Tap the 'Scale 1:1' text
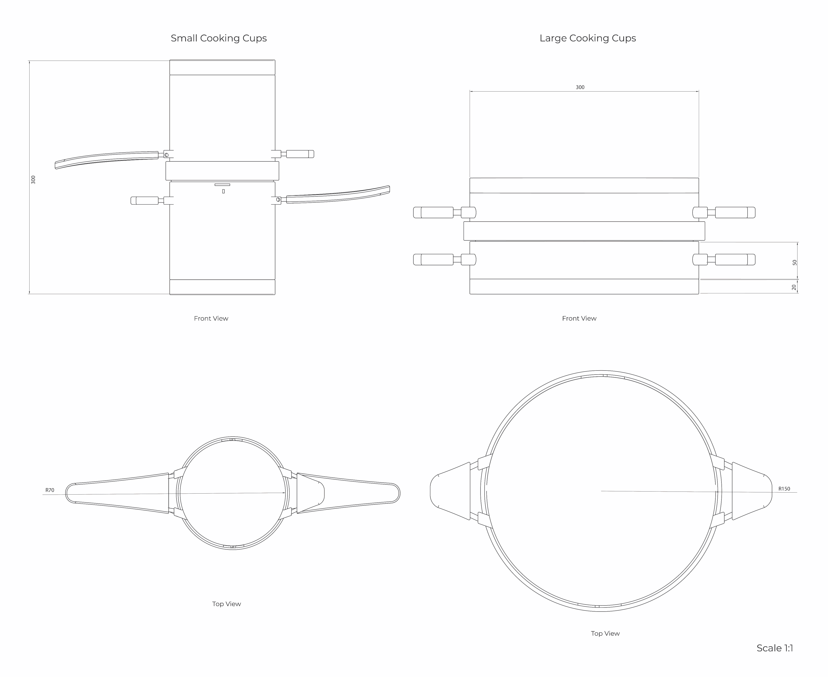(x=775, y=648)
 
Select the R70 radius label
(x=50, y=490)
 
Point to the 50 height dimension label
(x=794, y=262)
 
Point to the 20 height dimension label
(x=794, y=287)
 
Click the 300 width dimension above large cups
(x=580, y=87)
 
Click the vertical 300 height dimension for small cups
(x=33, y=179)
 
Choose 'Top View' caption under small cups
(x=226, y=604)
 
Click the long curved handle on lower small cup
(x=340, y=196)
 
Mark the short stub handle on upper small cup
(x=300, y=154)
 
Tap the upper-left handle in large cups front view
(x=437, y=213)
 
